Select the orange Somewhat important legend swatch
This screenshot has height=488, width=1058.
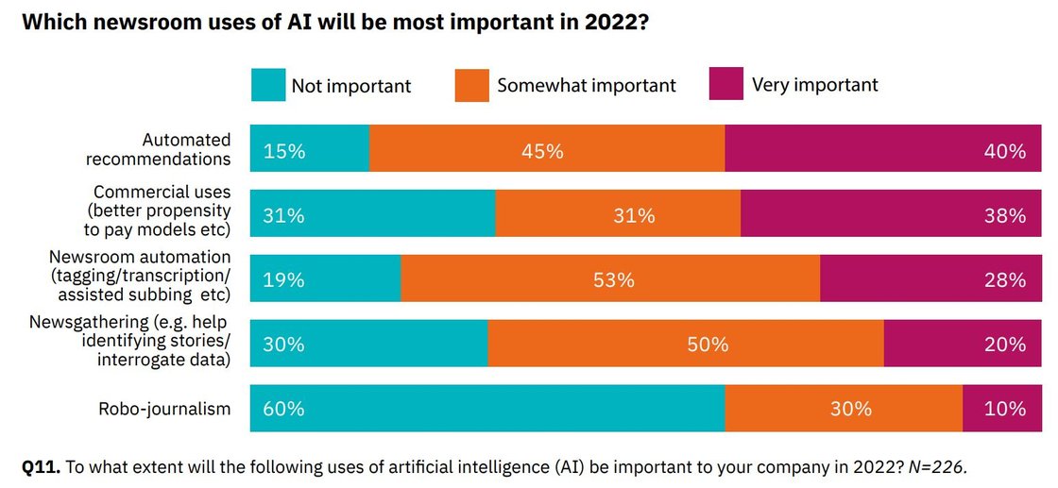pos(473,85)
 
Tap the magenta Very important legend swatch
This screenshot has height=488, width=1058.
pos(727,85)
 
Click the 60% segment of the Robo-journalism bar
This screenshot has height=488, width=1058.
pos(487,409)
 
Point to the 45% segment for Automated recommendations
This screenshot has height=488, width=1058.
pos(547,149)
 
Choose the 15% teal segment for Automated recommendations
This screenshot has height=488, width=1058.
pos(310,149)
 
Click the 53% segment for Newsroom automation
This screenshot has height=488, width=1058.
pos(610,278)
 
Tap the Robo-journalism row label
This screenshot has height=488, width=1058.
pos(164,409)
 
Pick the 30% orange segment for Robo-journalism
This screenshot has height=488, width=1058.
pos(844,409)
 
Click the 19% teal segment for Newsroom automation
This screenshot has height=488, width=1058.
pos(326,278)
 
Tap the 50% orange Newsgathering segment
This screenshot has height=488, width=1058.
pos(686,344)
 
